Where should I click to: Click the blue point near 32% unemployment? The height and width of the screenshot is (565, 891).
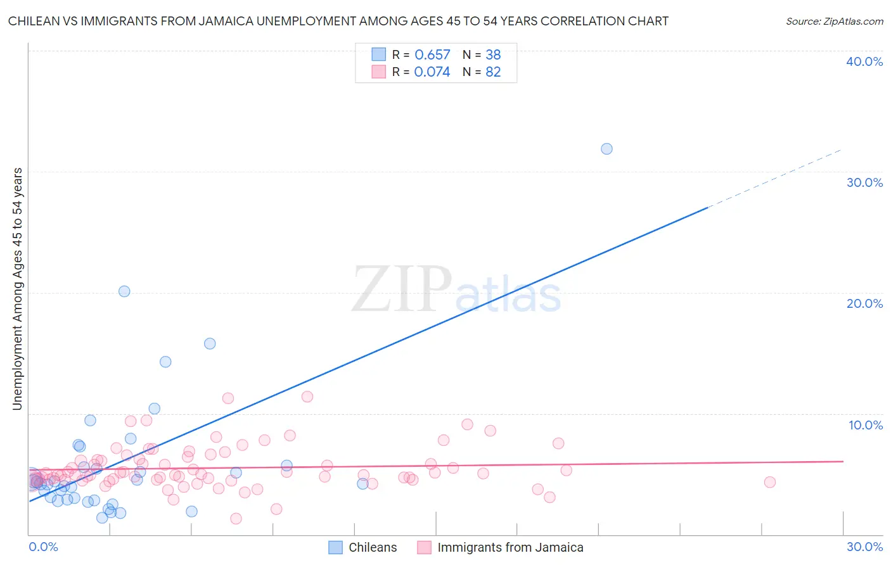[606, 149]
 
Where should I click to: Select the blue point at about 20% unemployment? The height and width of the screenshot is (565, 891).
[124, 291]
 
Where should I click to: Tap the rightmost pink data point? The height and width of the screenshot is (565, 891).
[769, 482]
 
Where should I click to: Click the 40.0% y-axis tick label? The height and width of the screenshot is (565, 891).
[864, 61]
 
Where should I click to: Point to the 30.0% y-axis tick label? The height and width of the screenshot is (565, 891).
[864, 182]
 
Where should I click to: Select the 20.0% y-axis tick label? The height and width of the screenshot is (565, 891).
[864, 303]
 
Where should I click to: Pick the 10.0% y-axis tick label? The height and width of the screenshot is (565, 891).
[866, 425]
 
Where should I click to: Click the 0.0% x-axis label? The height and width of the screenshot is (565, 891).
[43, 547]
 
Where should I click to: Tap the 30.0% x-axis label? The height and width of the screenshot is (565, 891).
[864, 547]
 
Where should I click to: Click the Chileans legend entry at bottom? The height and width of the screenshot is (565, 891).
[363, 547]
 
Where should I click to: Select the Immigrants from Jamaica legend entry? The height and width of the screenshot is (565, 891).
[501, 547]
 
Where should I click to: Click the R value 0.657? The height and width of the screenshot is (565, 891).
[432, 55]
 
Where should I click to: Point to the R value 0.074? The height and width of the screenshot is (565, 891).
[432, 72]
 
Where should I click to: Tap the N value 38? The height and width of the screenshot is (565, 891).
[493, 55]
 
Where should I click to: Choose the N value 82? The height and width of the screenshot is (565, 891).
[493, 72]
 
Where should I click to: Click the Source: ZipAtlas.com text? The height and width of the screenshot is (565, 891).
[834, 22]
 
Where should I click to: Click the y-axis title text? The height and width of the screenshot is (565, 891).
[18, 289]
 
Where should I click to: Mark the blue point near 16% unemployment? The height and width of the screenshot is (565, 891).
[210, 343]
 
